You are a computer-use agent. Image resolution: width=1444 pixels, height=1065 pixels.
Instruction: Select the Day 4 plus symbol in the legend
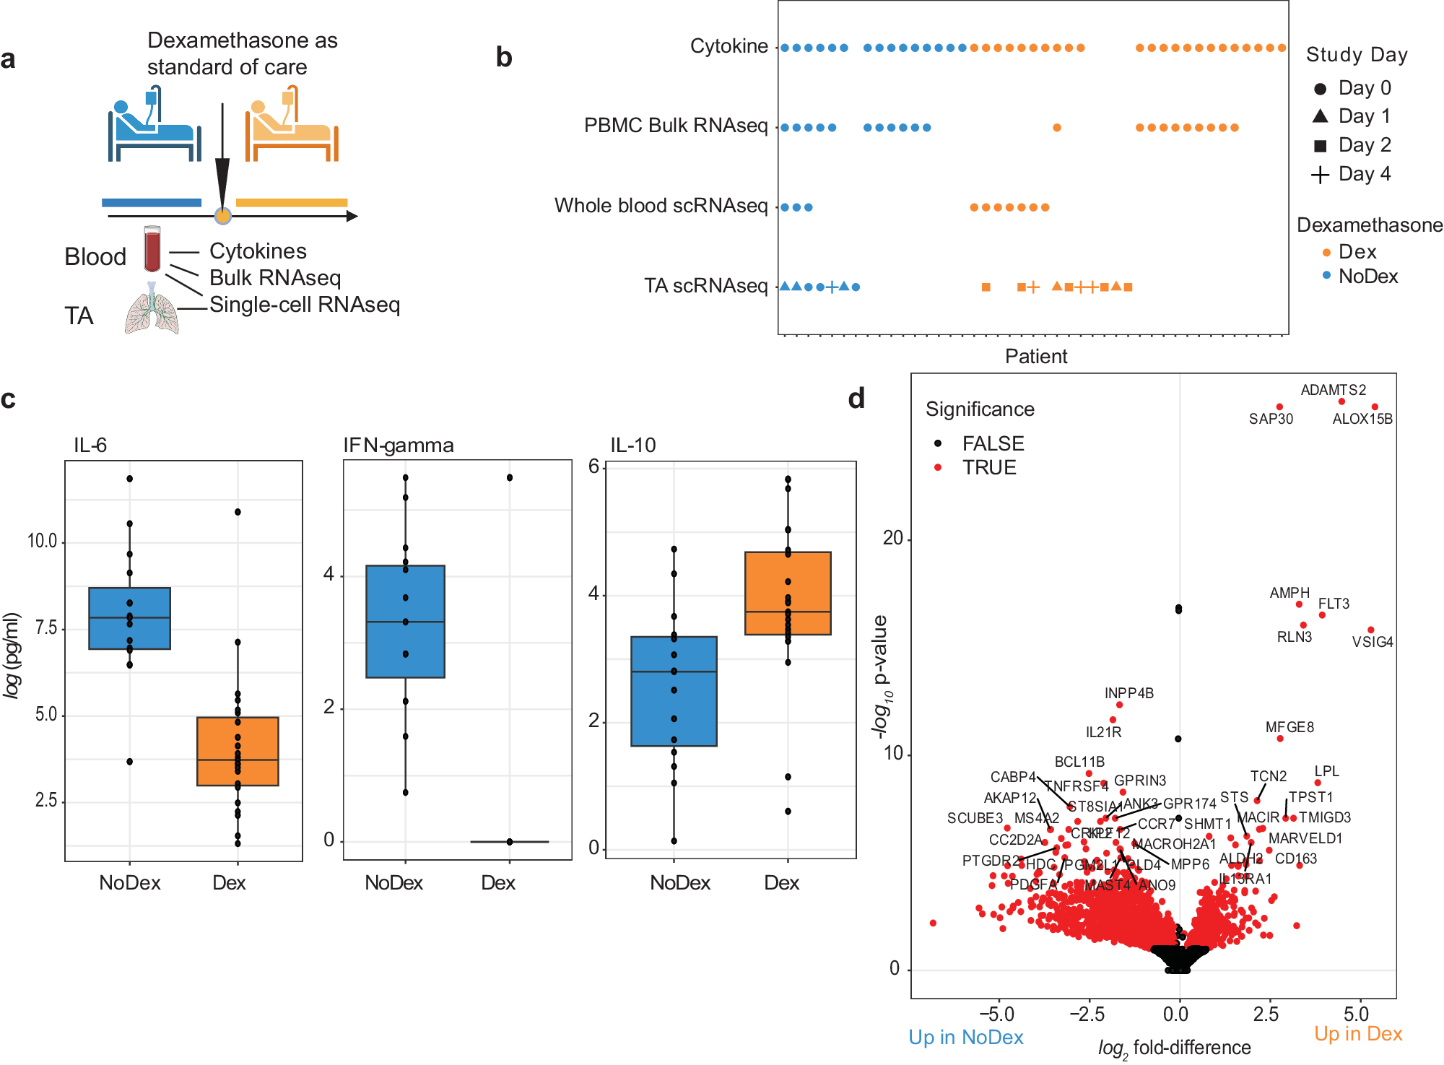point(1320,175)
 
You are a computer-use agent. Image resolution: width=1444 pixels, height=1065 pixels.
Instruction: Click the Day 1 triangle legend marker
point(1320,116)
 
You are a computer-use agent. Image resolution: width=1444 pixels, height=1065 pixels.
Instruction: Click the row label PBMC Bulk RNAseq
point(675,126)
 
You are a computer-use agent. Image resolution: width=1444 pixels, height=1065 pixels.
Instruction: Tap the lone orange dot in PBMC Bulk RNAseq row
point(1057,128)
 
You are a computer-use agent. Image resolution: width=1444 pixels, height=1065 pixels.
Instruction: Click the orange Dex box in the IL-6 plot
point(238,751)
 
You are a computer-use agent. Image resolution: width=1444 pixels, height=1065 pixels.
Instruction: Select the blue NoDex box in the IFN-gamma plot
point(405,621)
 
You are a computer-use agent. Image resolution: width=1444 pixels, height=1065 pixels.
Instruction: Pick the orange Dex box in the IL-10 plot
point(788,593)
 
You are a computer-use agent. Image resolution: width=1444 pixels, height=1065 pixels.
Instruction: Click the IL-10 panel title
point(633,445)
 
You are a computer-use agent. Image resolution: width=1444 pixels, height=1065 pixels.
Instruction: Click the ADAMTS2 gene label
point(1333,390)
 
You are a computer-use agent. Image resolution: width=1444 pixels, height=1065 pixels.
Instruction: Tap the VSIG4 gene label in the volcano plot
point(1372,642)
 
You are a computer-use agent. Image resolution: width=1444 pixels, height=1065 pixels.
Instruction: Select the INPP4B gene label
point(1128,693)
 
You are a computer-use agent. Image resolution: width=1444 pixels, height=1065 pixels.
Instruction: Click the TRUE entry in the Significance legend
point(988,468)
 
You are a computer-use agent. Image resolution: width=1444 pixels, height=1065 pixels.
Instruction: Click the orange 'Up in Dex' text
point(1357,1034)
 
